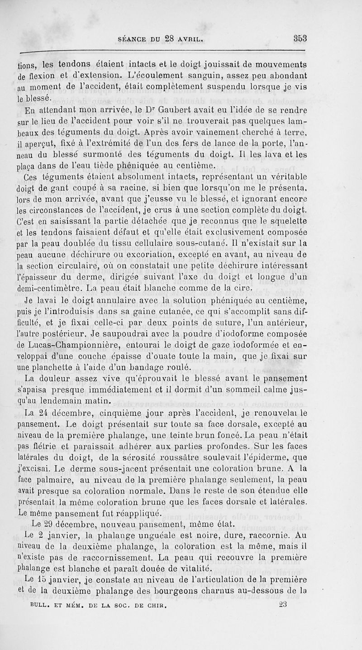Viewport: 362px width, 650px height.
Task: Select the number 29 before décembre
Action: [48, 525]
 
